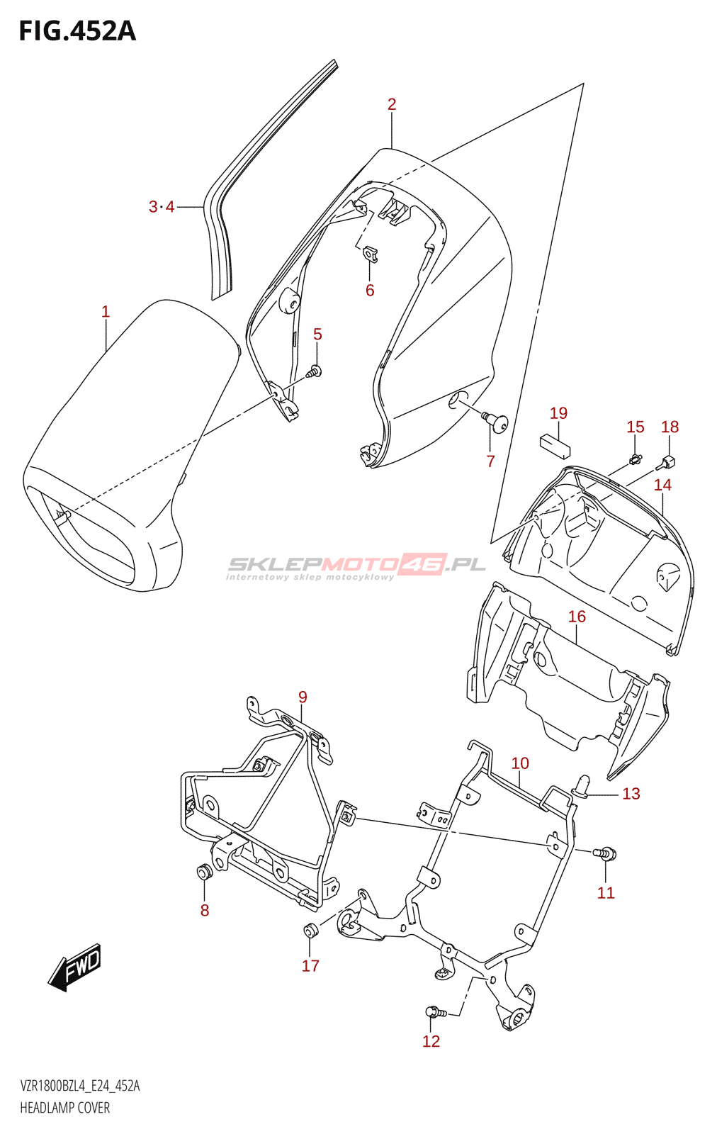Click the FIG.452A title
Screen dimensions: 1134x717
(77, 31)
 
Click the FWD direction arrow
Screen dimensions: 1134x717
(75, 967)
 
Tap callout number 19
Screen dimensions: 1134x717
(558, 413)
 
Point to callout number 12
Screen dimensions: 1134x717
(431, 1041)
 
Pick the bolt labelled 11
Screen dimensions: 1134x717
(606, 853)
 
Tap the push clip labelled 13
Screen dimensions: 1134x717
(583, 785)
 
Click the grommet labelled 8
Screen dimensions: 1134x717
(204, 872)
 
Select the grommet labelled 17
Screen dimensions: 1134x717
(310, 931)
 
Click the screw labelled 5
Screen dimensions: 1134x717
(315, 371)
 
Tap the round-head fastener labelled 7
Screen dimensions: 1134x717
(498, 422)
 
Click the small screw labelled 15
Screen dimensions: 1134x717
(635, 459)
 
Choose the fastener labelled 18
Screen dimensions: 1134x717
(667, 463)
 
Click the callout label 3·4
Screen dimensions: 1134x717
(162, 207)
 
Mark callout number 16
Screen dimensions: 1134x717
(577, 617)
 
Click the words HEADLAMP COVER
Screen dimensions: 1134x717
(65, 1108)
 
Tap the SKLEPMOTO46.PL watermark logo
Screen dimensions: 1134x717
(356, 566)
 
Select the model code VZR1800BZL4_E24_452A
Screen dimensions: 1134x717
(80, 1086)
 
